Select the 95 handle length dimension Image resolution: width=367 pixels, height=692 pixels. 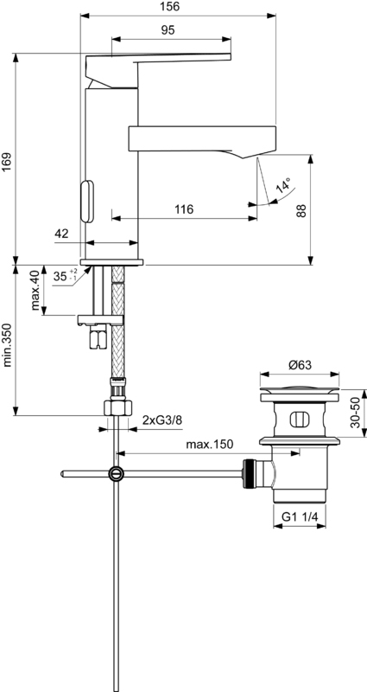click(168, 30)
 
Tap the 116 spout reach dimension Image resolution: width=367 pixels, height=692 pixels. click(184, 208)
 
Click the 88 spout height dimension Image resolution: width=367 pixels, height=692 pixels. click(301, 210)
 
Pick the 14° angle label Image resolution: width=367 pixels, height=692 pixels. click(284, 186)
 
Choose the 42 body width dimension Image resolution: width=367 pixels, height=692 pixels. click(61, 234)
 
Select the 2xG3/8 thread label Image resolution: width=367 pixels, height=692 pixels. click(161, 420)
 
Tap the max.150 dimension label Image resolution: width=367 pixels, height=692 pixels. click(210, 445)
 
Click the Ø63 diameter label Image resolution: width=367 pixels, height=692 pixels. click(300, 365)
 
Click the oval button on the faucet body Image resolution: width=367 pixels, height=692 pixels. click(87, 202)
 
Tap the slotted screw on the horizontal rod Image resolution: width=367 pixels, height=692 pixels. click(117, 473)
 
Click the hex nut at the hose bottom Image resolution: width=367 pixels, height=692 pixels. click(117, 407)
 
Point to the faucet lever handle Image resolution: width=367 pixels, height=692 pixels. click(158, 70)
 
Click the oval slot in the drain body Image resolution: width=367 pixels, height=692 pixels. click(299, 420)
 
